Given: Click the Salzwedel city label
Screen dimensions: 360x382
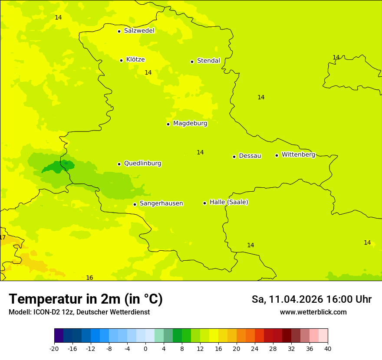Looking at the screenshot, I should (x=139, y=31).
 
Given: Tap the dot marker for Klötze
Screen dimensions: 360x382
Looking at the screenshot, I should (x=121, y=60).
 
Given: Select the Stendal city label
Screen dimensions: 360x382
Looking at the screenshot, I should (x=208, y=61).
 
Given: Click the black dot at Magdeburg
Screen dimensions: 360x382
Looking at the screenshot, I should (x=168, y=124).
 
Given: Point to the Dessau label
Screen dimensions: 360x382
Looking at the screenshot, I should (x=250, y=156).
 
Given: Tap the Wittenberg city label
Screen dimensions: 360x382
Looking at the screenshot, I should (x=298, y=154).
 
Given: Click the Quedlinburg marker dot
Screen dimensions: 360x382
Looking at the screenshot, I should (x=119, y=164).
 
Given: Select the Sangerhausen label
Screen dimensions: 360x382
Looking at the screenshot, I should (x=161, y=203).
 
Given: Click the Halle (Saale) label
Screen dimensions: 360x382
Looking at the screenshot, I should (x=229, y=202).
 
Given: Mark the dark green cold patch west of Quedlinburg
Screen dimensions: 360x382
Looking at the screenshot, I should (x=59, y=166).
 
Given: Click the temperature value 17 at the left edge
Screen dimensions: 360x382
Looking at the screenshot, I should (x=3, y=237).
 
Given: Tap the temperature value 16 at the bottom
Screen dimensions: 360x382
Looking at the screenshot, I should (x=89, y=278).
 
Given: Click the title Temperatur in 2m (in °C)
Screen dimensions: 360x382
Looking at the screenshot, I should (x=86, y=299).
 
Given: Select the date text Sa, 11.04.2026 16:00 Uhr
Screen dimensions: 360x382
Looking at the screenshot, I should (x=311, y=299).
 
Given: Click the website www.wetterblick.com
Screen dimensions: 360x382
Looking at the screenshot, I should (x=313, y=312).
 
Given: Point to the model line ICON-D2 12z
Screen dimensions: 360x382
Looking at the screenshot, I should (x=79, y=312).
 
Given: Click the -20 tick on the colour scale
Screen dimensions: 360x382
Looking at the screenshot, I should (x=54, y=348).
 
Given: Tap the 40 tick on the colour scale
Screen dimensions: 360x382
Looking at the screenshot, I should (x=327, y=348).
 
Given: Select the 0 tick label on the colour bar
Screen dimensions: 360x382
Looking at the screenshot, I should (x=145, y=348).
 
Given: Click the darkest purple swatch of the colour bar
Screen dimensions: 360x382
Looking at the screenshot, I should (x=59, y=336).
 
